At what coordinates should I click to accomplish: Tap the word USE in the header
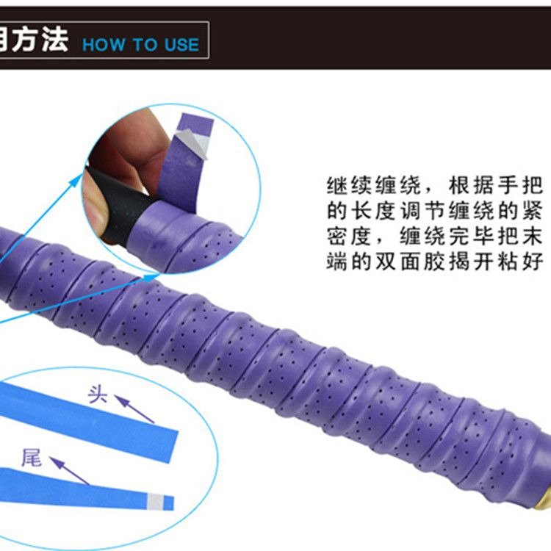(x=181, y=45)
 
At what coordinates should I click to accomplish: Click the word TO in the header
(x=145, y=45)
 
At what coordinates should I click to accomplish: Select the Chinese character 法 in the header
(x=55, y=40)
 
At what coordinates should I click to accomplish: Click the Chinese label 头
(x=97, y=395)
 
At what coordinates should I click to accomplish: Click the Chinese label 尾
(x=32, y=458)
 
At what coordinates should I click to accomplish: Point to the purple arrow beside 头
(x=134, y=409)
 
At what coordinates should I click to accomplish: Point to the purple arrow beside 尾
(x=69, y=471)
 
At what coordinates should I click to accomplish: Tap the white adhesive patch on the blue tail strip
(x=156, y=502)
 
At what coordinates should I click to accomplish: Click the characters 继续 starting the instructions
(x=349, y=185)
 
